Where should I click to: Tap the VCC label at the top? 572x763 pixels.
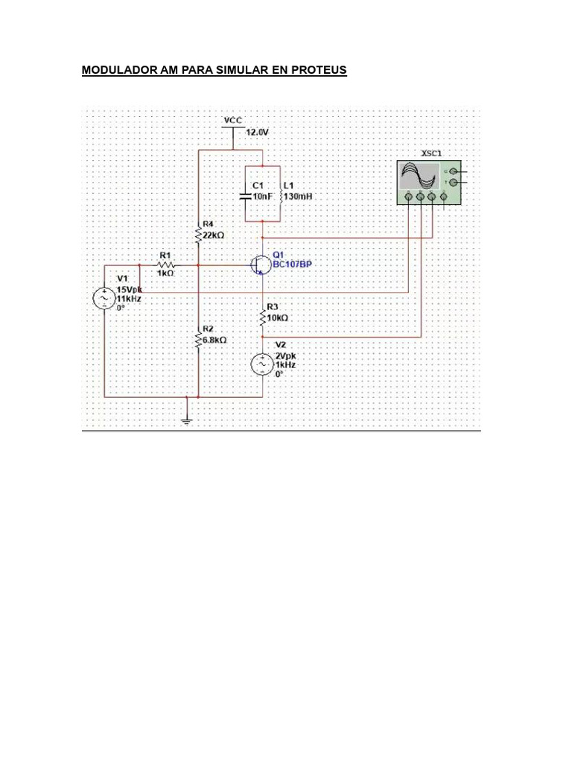[233, 119]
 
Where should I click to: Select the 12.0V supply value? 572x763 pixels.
[256, 131]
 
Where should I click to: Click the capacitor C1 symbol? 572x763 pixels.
[245, 197]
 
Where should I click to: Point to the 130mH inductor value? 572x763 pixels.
[296, 196]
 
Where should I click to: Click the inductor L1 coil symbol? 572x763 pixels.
[279, 197]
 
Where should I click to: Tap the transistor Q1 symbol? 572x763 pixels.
[260, 265]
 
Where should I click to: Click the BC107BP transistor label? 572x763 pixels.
[291, 264]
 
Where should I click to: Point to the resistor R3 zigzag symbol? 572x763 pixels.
[263, 318]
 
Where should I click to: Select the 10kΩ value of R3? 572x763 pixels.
[278, 317]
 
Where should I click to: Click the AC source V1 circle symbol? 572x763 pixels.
[103, 298]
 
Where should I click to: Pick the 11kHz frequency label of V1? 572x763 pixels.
[128, 297]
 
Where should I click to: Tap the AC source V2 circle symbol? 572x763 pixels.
[263, 364]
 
